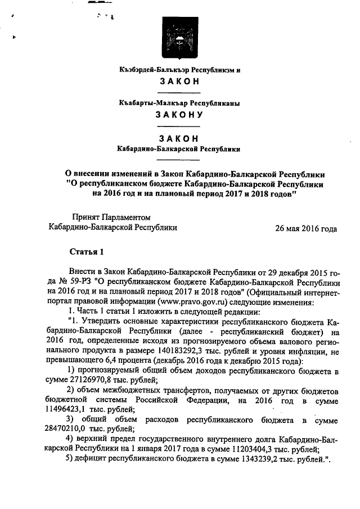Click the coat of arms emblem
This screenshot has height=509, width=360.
tap(179, 37)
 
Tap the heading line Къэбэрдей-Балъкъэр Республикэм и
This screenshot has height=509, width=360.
tap(179, 71)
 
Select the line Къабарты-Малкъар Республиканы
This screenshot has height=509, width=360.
tap(179, 103)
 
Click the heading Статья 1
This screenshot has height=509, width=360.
tap(86, 250)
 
